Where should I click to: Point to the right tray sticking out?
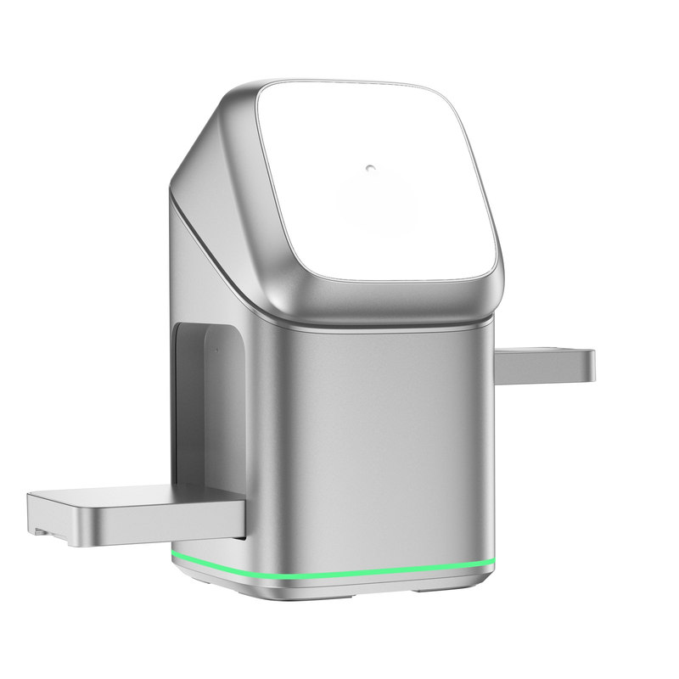click(543, 363)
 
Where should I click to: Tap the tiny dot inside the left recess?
click(217, 347)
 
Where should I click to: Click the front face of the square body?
click(390, 441)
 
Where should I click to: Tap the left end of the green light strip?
click(173, 555)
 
